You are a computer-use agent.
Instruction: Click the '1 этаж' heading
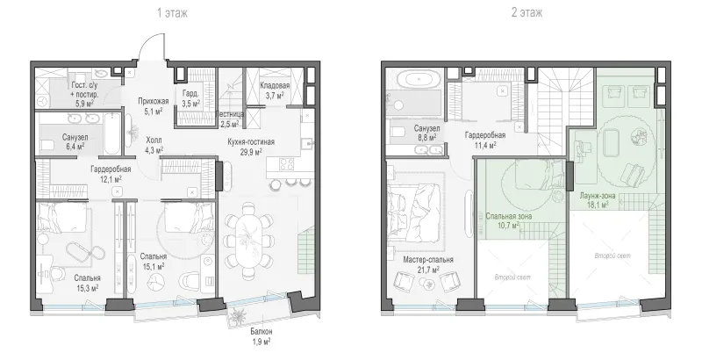172,13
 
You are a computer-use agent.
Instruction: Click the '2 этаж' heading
527,13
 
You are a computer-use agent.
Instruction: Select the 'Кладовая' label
275,85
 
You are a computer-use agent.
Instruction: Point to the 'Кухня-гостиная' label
251,142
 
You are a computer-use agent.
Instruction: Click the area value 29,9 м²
251,152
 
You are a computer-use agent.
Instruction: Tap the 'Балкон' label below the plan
261,332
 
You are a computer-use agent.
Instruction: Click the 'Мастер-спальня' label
428,260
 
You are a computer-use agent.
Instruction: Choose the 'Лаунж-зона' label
598,195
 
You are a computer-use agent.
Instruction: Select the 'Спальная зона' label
509,216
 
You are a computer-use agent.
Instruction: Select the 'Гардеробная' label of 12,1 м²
111,169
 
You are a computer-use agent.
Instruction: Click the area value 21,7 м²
427,270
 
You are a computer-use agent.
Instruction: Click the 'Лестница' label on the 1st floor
230,114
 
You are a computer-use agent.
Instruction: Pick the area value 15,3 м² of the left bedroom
87,288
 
